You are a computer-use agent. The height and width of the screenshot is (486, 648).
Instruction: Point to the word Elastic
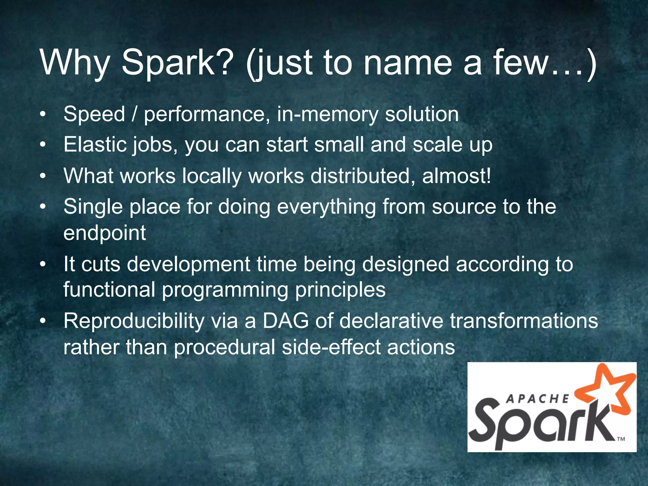coord(95,145)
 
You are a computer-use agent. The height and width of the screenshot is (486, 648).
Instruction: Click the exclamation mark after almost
coord(488,176)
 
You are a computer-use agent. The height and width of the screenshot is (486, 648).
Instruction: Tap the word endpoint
coord(104,233)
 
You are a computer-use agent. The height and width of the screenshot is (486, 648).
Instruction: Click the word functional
coord(109,290)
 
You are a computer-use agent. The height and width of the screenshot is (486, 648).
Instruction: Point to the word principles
coord(340,290)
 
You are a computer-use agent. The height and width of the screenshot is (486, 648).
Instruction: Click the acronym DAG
coord(285,321)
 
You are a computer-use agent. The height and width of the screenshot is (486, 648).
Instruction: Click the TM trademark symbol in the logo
coord(621,439)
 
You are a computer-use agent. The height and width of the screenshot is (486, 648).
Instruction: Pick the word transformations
coord(524,321)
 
